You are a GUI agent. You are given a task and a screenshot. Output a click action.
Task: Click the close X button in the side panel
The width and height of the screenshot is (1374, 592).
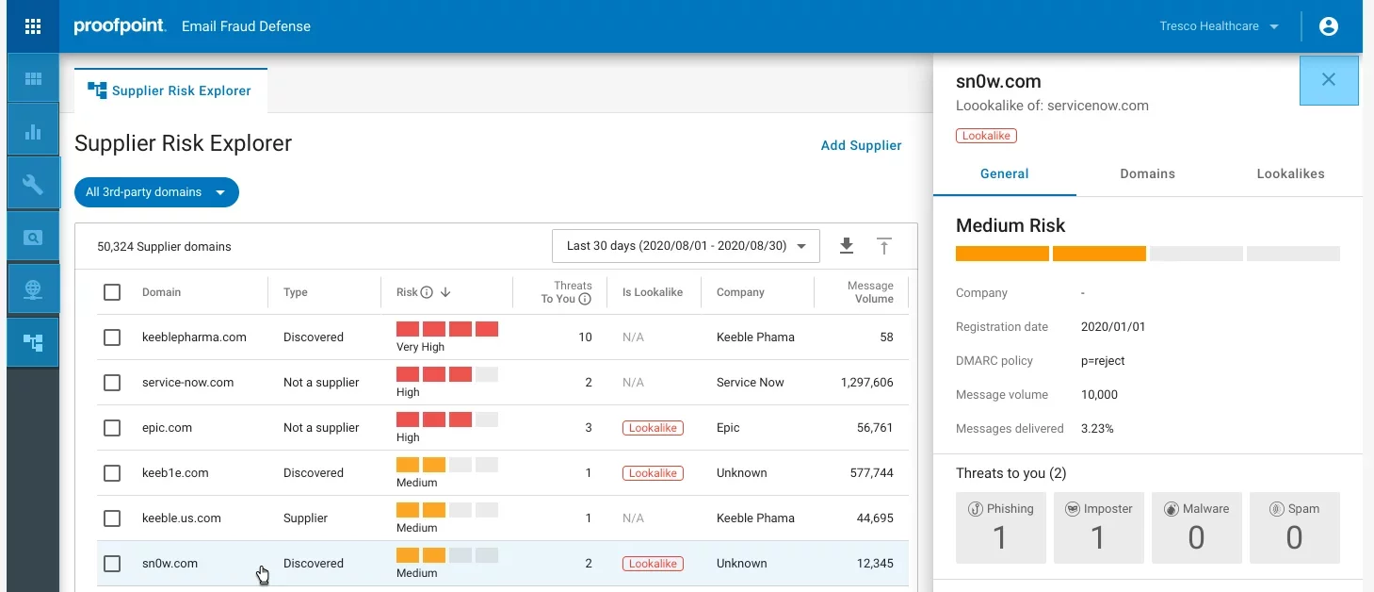coord(1328,80)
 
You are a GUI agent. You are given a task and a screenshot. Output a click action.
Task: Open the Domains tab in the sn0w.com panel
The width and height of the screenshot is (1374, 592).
coord(1147,173)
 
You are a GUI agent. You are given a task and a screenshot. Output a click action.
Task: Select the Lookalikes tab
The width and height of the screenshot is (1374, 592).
coord(1290,173)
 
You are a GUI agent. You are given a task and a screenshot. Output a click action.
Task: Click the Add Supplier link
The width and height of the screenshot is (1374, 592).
coord(861,145)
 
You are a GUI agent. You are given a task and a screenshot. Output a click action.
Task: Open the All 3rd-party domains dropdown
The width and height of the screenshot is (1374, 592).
coord(156,192)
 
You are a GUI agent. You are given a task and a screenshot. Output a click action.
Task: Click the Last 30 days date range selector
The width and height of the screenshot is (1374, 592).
coord(686,246)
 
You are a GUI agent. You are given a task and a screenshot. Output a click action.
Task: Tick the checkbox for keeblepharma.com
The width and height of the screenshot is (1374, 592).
coord(112,337)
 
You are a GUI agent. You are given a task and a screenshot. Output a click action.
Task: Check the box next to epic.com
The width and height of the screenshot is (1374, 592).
coord(112,428)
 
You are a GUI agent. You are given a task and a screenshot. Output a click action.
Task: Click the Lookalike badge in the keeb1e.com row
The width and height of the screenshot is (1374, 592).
coord(653,473)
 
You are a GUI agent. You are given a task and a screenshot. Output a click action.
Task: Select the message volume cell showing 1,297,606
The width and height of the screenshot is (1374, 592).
coord(866,383)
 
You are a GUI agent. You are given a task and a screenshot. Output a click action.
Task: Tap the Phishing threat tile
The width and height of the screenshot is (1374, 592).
coord(1000,527)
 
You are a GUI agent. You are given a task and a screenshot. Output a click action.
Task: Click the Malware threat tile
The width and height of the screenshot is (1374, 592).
coord(1196,527)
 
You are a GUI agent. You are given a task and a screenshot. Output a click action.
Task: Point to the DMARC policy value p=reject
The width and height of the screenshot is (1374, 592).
coord(1103,361)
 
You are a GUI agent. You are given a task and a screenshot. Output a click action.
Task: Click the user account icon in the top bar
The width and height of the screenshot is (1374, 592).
coord(1328,26)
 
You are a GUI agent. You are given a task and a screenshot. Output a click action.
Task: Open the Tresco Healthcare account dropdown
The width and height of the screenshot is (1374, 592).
coord(1219,26)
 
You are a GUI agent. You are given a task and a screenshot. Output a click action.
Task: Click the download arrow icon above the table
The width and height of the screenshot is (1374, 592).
coord(846,246)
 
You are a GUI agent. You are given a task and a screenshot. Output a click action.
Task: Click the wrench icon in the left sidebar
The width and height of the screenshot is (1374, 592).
coord(33,184)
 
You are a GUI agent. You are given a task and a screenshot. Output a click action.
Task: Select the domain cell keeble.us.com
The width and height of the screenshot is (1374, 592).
coord(181,518)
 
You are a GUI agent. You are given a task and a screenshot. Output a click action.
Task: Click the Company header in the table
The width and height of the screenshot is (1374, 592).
coord(740,292)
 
